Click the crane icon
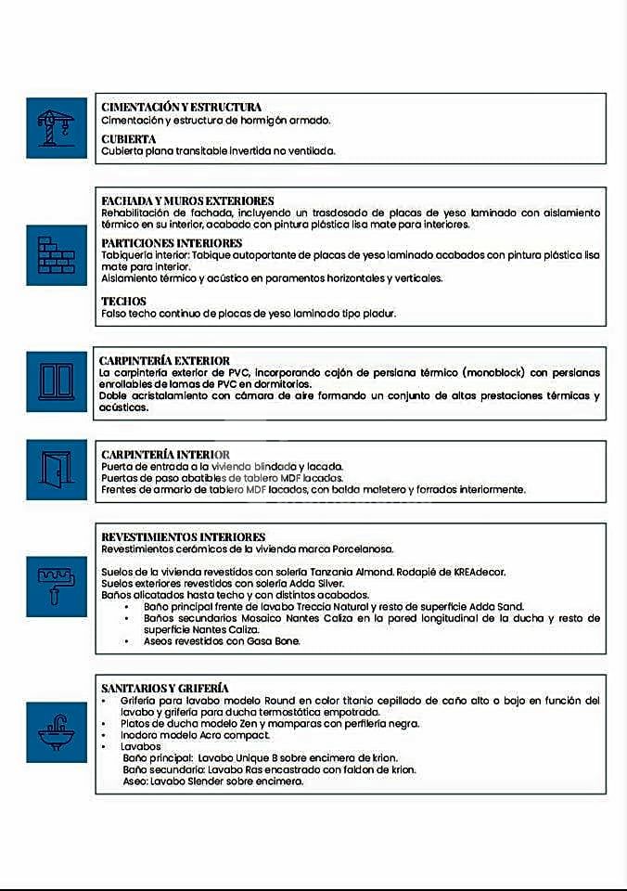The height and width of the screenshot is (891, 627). [56, 128]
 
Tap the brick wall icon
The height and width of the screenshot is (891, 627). [56, 255]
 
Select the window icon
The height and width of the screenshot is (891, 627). [56, 381]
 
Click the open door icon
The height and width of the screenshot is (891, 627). [56, 470]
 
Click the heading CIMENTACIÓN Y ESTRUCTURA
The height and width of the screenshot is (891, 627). [181, 108]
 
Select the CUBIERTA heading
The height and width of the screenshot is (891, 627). [128, 139]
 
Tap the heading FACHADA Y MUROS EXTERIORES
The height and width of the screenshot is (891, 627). [187, 200]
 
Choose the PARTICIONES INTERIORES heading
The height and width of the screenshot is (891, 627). [172, 243]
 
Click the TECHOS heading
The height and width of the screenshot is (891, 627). [123, 302]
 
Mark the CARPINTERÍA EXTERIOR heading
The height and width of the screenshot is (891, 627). [164, 360]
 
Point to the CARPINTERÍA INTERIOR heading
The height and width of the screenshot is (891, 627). [164, 454]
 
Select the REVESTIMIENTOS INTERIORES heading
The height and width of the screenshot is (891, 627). [183, 537]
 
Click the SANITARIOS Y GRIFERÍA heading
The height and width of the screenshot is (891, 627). [164, 688]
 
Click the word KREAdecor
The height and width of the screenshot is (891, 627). [479, 572]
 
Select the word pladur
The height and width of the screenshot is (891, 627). [378, 314]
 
